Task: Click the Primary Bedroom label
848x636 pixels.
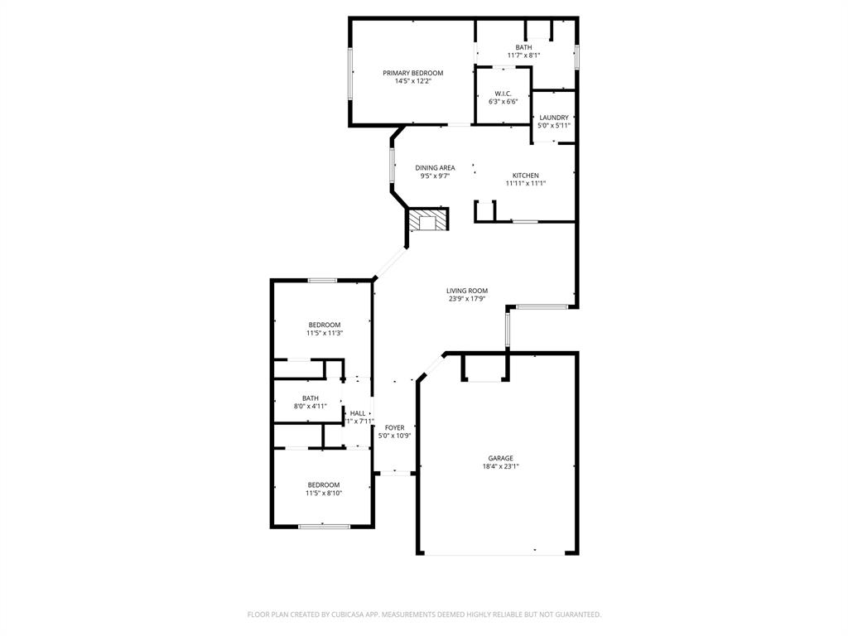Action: coord(412,73)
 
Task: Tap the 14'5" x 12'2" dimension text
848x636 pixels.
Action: coord(412,81)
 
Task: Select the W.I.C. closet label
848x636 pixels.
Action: coord(503,93)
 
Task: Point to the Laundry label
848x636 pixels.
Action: coord(554,118)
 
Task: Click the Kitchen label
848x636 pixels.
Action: coord(526,176)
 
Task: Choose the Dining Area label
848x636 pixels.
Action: coord(435,168)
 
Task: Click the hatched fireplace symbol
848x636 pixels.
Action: coord(427,220)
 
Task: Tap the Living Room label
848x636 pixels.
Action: coord(467,291)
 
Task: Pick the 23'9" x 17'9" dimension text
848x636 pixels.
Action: coord(467,299)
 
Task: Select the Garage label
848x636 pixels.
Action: coord(500,458)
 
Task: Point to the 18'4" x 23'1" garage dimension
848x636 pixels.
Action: coord(500,466)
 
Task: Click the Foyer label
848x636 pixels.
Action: coord(394,427)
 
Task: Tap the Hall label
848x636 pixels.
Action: coord(358,413)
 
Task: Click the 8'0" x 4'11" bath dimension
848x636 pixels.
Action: coord(311,407)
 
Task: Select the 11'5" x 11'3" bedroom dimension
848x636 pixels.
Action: coord(325,333)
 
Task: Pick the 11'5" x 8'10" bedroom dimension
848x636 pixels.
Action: coord(324,494)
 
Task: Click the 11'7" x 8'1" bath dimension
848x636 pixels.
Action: coord(523,55)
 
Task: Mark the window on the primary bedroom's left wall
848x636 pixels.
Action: coord(350,73)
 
